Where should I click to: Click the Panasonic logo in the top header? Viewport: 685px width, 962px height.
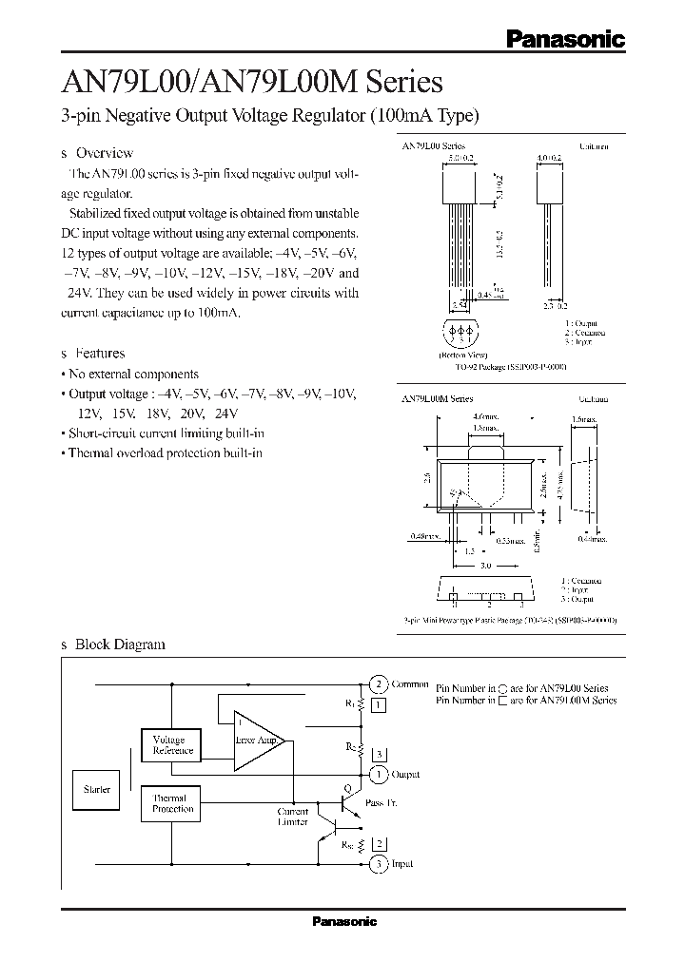[x=564, y=38]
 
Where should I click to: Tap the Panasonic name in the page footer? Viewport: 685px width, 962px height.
[x=344, y=921]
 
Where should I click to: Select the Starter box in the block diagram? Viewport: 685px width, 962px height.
[x=97, y=790]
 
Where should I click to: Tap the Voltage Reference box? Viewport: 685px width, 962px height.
[x=172, y=745]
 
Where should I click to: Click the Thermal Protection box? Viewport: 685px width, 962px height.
[x=172, y=803]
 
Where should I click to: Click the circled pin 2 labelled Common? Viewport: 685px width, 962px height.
[x=378, y=684]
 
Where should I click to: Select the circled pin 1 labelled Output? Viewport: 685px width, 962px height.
[x=378, y=775]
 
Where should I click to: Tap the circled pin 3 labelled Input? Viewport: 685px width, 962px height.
[x=378, y=864]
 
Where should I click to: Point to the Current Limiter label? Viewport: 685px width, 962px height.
[x=292, y=817]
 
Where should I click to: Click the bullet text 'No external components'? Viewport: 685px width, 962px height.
[x=133, y=374]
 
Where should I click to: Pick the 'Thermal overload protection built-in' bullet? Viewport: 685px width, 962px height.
[x=165, y=452]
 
